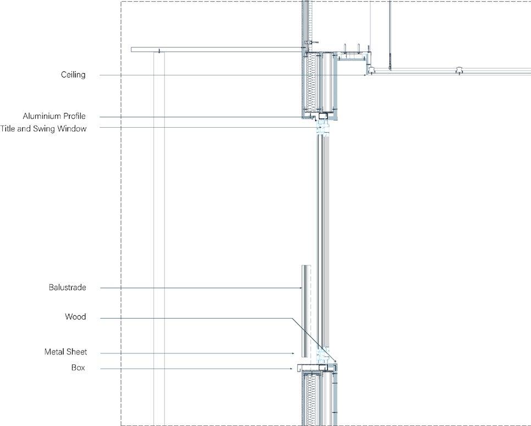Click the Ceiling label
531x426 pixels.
(x=73, y=75)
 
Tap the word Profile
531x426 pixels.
(x=74, y=117)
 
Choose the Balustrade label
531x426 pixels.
(x=67, y=288)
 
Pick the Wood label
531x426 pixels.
(x=75, y=317)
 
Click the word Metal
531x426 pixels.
(x=55, y=352)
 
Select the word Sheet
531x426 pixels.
(x=77, y=352)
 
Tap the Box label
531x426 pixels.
(x=78, y=368)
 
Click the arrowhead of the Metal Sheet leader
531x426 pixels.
(x=294, y=353)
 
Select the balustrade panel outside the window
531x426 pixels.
(x=303, y=308)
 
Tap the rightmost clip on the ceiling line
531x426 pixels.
(x=458, y=70)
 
